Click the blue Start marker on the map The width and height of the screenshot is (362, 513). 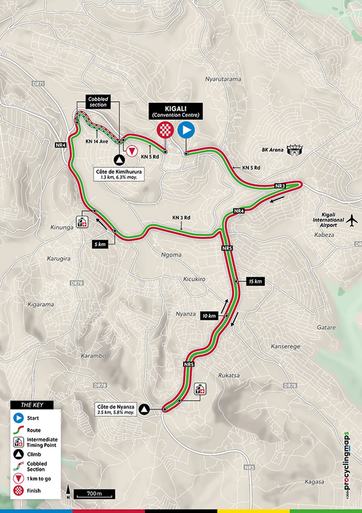tap(186, 130)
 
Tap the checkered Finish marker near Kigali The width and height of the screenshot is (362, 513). tap(165, 130)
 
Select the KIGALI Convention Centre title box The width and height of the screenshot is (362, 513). tap(176, 111)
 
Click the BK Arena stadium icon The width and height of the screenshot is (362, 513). tap(295, 150)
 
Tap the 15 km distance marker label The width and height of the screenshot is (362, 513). tap(255, 281)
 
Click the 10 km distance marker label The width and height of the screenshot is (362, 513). tap(209, 316)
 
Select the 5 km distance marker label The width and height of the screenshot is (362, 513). tap(100, 244)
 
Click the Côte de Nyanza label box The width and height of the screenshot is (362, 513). tap(116, 409)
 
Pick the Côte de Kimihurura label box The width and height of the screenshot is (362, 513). tap(119, 174)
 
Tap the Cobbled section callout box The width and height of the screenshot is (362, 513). tap(98, 102)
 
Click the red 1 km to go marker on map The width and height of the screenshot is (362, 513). tap(132, 151)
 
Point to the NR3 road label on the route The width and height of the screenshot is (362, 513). tap(280, 186)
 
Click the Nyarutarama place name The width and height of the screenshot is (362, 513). tap(223, 79)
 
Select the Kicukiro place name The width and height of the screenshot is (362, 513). tap(194, 279)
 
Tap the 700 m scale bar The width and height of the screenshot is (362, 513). tap(94, 494)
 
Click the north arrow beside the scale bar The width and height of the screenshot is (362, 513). tap(68, 491)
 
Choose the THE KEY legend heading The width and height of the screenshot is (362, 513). tap(32, 405)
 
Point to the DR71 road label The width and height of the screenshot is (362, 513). tap(38, 84)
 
